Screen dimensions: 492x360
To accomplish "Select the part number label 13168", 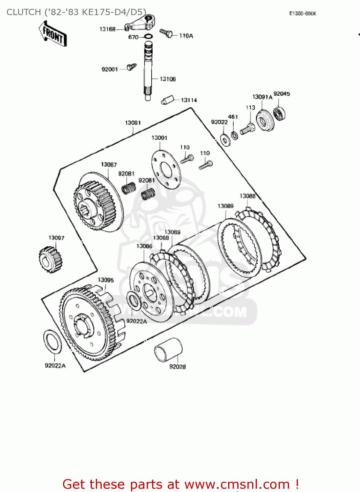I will click(107, 29).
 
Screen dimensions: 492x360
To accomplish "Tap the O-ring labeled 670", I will click(148, 37).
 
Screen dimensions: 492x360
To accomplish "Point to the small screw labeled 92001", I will click(132, 67).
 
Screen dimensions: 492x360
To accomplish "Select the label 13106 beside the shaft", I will click(167, 79).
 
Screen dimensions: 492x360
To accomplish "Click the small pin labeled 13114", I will click(167, 100).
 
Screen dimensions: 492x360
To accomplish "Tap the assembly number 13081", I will click(133, 123).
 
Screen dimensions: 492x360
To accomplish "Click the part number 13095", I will click(106, 280).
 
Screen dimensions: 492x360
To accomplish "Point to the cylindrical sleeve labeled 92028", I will click(168, 349).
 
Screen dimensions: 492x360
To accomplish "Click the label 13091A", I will click(262, 97).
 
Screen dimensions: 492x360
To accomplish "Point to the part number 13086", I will click(144, 246).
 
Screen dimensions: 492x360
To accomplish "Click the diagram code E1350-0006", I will click(302, 13).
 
